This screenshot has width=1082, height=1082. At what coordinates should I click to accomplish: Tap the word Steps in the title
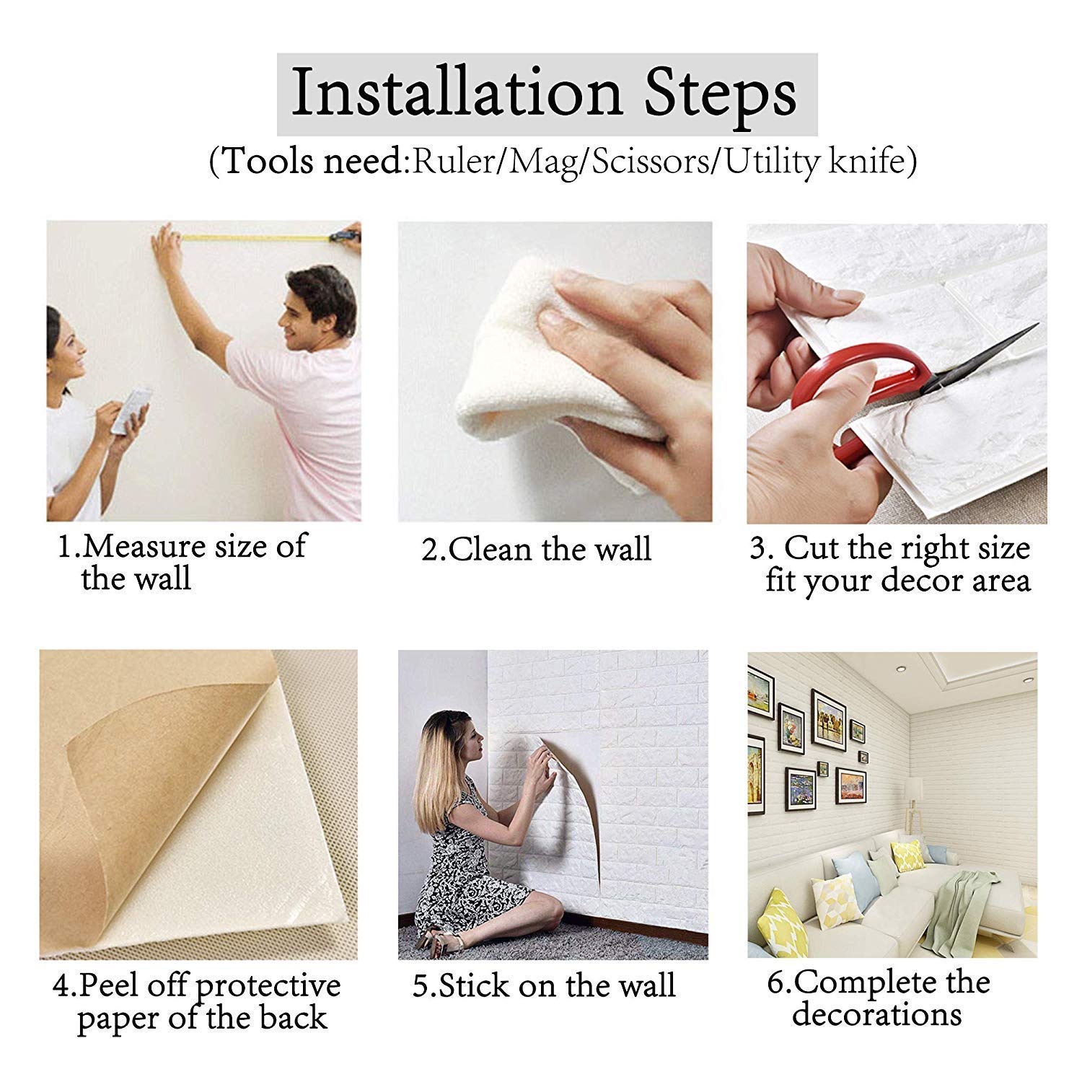(721, 96)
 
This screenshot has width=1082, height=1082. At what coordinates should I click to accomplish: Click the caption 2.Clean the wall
(537, 550)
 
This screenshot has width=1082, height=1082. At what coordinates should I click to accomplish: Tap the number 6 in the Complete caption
(775, 982)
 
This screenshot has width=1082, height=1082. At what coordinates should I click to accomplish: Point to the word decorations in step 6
(876, 1014)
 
